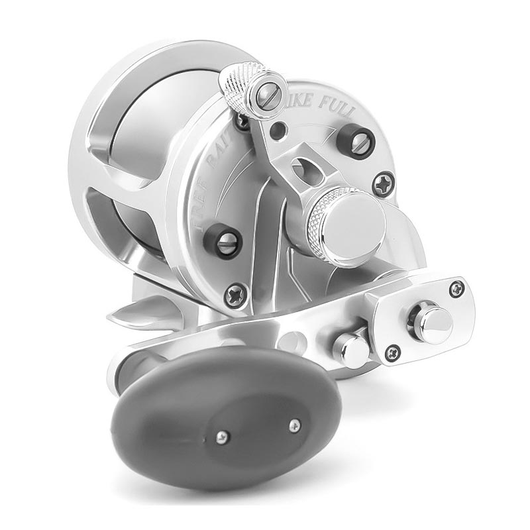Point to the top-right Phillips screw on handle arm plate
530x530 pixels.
456,287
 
